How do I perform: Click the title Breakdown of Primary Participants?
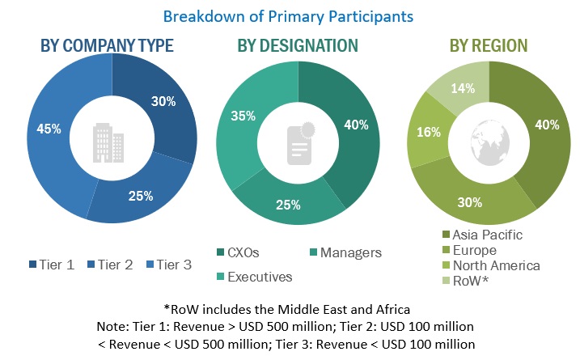(289, 15)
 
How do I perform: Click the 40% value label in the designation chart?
(355, 125)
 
